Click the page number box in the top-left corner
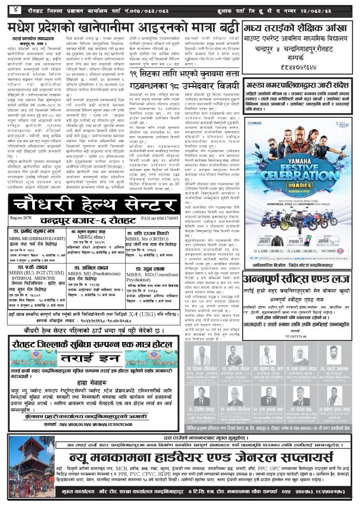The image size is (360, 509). [x=10, y=8]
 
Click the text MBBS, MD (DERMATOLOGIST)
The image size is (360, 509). [x=34, y=238]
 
